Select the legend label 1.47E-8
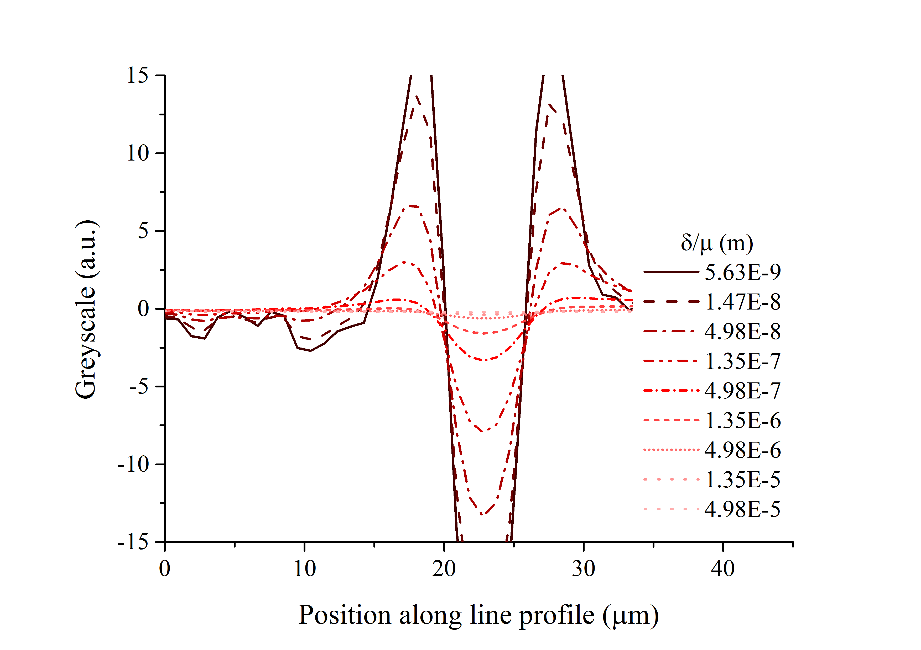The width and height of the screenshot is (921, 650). point(742,302)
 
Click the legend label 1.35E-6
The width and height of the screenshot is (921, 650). point(742,421)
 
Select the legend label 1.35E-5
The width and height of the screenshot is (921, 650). point(742,480)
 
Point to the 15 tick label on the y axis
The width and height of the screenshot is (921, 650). point(138,75)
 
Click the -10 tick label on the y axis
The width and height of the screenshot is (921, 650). point(133,465)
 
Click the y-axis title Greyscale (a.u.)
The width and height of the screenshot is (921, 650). point(86,309)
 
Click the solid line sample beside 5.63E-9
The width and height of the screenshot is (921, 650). point(671,272)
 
